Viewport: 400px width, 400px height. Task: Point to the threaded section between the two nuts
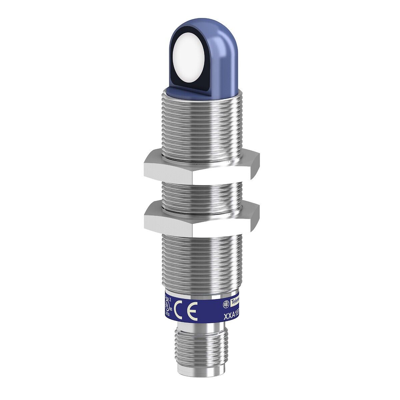(x=200, y=193)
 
